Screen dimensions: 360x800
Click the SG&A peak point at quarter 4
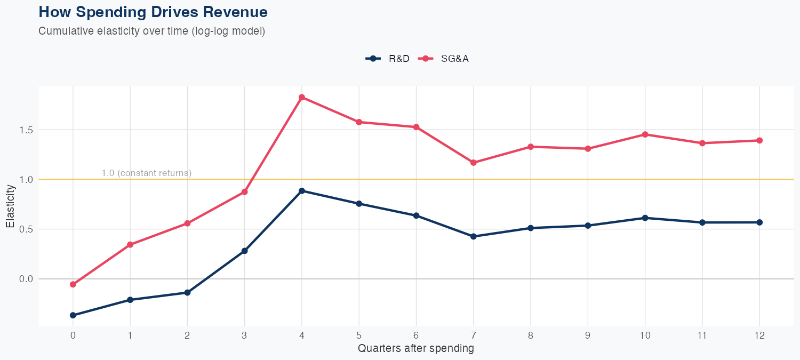(302, 97)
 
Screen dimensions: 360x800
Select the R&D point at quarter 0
(73, 315)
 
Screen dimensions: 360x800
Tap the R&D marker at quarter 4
(302, 190)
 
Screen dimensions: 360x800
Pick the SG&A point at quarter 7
(474, 162)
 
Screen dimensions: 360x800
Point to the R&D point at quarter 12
(759, 222)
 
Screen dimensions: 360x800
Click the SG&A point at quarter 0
(73, 284)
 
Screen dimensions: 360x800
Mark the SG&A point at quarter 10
(645, 134)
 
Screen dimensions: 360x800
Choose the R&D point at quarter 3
(245, 251)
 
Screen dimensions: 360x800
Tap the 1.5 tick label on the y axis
(26, 130)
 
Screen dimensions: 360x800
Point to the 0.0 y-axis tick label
(26, 279)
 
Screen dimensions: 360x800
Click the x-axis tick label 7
(474, 335)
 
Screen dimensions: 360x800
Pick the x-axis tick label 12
(759, 335)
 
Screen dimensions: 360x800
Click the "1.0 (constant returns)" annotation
(146, 173)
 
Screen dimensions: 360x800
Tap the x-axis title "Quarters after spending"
(416, 349)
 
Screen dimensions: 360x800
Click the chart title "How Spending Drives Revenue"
(153, 12)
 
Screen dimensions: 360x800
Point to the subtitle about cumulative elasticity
(152, 31)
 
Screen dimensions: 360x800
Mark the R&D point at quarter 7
(474, 236)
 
